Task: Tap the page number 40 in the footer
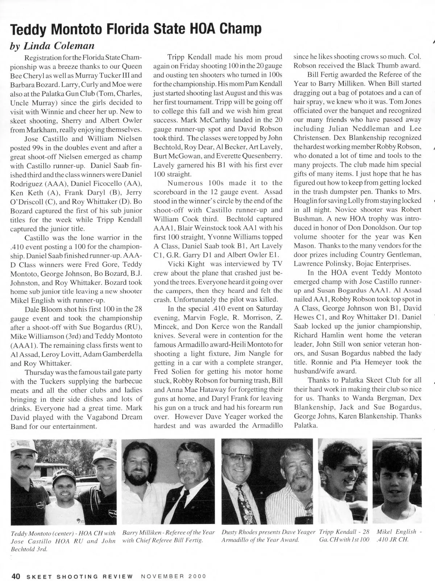tap(15, 576)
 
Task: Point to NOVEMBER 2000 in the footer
tap(173, 576)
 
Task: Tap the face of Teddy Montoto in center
tap(65, 486)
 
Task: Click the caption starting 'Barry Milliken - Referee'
tap(169, 536)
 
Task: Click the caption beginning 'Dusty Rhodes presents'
tap(268, 536)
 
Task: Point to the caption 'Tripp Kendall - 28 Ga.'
tap(344, 536)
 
